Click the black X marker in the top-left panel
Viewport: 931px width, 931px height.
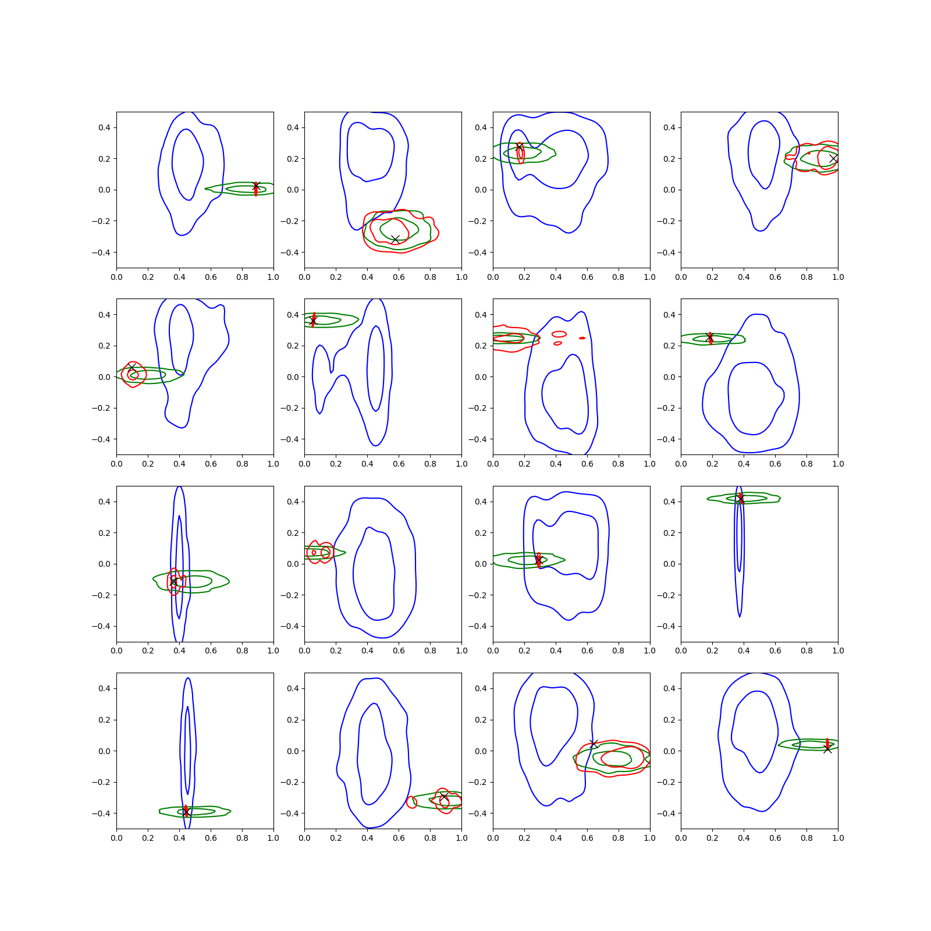(256, 186)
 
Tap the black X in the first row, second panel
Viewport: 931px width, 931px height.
(395, 240)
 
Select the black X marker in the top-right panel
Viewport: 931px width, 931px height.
(833, 158)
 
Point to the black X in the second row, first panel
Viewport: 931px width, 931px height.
(132, 368)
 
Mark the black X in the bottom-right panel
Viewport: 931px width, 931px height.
(827, 749)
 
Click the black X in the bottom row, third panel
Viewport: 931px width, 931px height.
(594, 744)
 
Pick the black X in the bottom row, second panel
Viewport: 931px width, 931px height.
(444, 797)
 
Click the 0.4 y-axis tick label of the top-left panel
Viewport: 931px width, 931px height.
(104, 127)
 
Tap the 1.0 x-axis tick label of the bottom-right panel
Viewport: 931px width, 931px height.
(838, 838)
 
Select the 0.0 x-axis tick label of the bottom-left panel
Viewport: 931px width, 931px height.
(116, 838)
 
